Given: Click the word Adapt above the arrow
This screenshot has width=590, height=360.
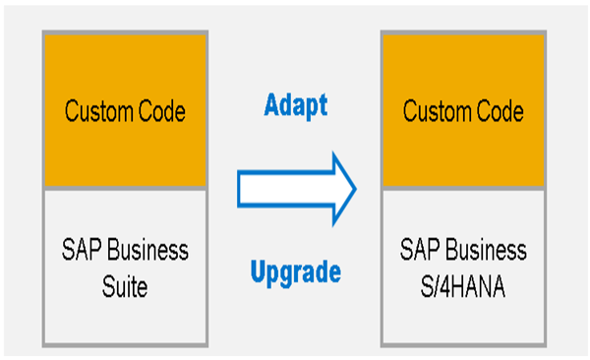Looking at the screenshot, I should (x=295, y=103).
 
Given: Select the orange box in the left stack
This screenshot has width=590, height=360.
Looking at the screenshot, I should (x=125, y=110).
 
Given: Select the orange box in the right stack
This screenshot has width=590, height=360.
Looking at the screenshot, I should (x=462, y=110).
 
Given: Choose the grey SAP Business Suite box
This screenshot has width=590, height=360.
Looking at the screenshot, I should (x=125, y=266).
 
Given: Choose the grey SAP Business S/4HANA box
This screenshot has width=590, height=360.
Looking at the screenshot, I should (x=462, y=266).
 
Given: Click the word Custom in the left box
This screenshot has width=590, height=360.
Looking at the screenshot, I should (x=96, y=111).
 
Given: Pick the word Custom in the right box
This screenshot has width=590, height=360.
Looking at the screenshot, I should (x=434, y=111).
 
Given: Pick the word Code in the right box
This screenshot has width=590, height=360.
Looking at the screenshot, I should (x=496, y=111).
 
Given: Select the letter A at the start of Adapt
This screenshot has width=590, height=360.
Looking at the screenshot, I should (x=272, y=103).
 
